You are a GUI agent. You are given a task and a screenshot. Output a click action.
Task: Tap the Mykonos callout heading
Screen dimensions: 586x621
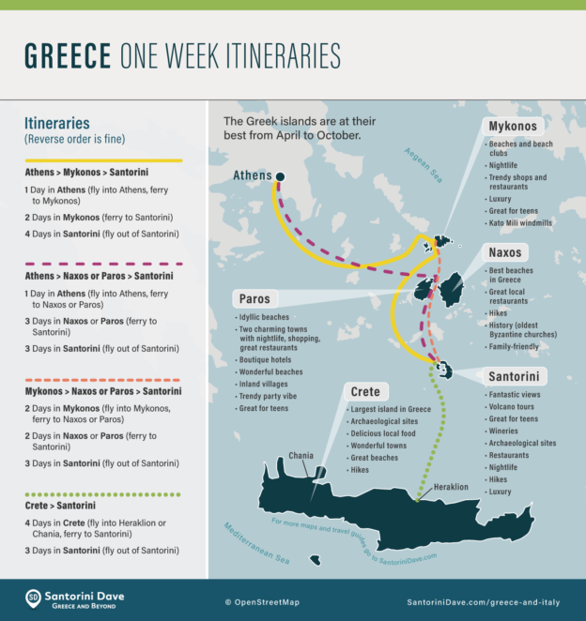(x=513, y=126)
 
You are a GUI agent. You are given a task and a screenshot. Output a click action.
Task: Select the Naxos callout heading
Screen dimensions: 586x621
(x=505, y=253)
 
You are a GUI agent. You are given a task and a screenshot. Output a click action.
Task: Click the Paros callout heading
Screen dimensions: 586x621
(x=254, y=299)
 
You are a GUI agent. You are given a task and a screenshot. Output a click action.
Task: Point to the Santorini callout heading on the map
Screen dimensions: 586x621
(x=513, y=376)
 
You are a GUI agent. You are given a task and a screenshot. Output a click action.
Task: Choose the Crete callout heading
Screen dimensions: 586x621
(x=364, y=391)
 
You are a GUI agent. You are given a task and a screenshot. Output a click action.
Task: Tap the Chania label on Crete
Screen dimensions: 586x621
(x=301, y=455)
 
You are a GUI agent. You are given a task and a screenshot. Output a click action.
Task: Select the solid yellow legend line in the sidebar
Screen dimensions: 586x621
(x=103, y=160)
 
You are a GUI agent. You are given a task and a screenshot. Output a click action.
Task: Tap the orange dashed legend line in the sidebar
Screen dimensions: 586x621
(x=103, y=379)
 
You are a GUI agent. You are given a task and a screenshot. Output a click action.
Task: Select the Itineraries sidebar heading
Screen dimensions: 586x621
(x=58, y=123)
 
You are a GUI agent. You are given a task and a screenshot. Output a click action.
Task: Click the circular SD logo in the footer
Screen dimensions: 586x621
(x=34, y=597)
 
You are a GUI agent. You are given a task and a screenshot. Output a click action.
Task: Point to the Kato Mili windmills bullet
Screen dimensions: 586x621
(x=520, y=222)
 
